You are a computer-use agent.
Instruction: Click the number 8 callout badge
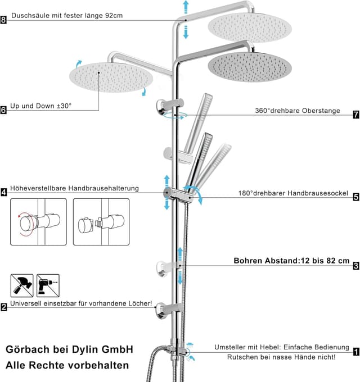4,20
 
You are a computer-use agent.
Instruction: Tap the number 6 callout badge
4,110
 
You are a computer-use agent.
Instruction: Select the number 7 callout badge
355,115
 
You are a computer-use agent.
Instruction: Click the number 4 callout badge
4,192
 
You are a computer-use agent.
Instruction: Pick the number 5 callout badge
355,197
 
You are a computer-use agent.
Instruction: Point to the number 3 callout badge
355,266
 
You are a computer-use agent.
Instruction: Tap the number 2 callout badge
4,307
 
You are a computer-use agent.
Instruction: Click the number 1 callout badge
355,352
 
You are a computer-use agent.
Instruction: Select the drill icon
48,285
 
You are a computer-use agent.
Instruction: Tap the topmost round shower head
250,26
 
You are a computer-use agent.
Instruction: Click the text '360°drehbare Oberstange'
297,111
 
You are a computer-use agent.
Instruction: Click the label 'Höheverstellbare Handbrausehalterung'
74,188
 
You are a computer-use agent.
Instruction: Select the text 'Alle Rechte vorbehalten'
67,365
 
